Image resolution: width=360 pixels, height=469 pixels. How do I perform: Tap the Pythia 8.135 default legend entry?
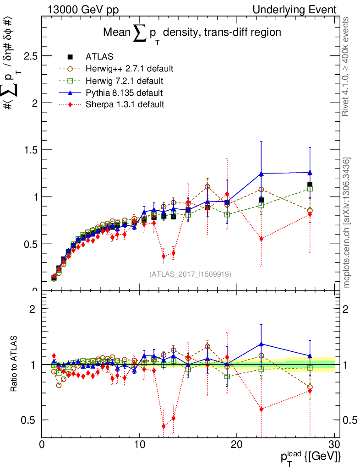pos(124,93)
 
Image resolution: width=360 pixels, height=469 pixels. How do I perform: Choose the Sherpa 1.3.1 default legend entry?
pos(125,104)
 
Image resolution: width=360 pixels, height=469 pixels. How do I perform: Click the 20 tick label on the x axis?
pos(236,445)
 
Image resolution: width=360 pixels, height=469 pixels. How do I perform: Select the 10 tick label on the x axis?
pos(139,445)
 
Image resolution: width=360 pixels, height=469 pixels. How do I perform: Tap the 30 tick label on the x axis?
pos(334,445)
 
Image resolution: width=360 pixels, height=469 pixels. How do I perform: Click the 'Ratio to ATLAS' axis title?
pos(14,365)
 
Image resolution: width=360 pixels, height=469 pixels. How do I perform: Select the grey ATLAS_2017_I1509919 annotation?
pos(190,274)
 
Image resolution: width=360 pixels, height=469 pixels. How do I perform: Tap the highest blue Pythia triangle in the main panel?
pos(310,173)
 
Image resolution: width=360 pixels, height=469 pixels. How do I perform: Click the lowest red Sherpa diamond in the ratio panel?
pos(164,426)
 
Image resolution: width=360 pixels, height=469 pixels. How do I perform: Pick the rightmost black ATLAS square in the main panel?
pos(310,185)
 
